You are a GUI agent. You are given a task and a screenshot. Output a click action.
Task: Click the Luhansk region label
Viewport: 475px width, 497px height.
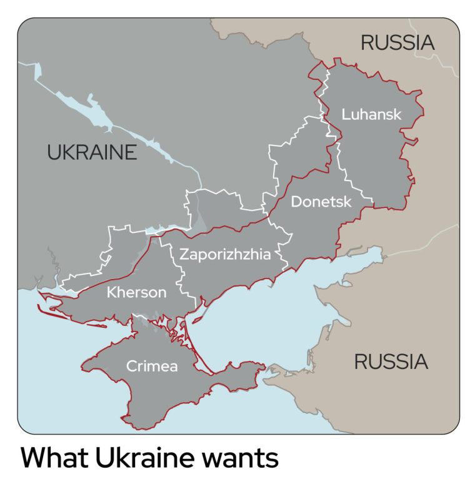[x=371, y=115]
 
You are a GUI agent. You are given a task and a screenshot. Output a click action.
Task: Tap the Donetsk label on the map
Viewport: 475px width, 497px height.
[x=321, y=202]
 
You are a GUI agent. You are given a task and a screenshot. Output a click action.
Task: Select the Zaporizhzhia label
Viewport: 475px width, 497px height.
[x=225, y=255]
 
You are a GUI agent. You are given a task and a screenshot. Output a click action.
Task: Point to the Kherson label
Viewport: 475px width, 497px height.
[x=137, y=292]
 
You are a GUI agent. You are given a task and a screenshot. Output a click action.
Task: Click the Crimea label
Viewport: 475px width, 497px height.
[x=152, y=367]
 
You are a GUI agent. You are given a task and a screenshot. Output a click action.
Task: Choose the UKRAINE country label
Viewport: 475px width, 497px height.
[x=92, y=152]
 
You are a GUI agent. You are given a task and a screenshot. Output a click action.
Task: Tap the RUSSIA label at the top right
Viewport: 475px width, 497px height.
[x=397, y=43]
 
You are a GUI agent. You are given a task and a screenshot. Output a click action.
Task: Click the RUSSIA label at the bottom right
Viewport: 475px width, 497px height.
[x=391, y=362]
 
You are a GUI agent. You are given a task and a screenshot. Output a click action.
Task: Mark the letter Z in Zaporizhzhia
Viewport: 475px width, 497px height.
[x=184, y=255]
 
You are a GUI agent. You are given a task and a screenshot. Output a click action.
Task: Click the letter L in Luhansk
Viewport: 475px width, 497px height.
[x=346, y=115]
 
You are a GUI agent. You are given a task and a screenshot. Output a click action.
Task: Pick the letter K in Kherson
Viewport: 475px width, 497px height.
[x=111, y=292]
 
